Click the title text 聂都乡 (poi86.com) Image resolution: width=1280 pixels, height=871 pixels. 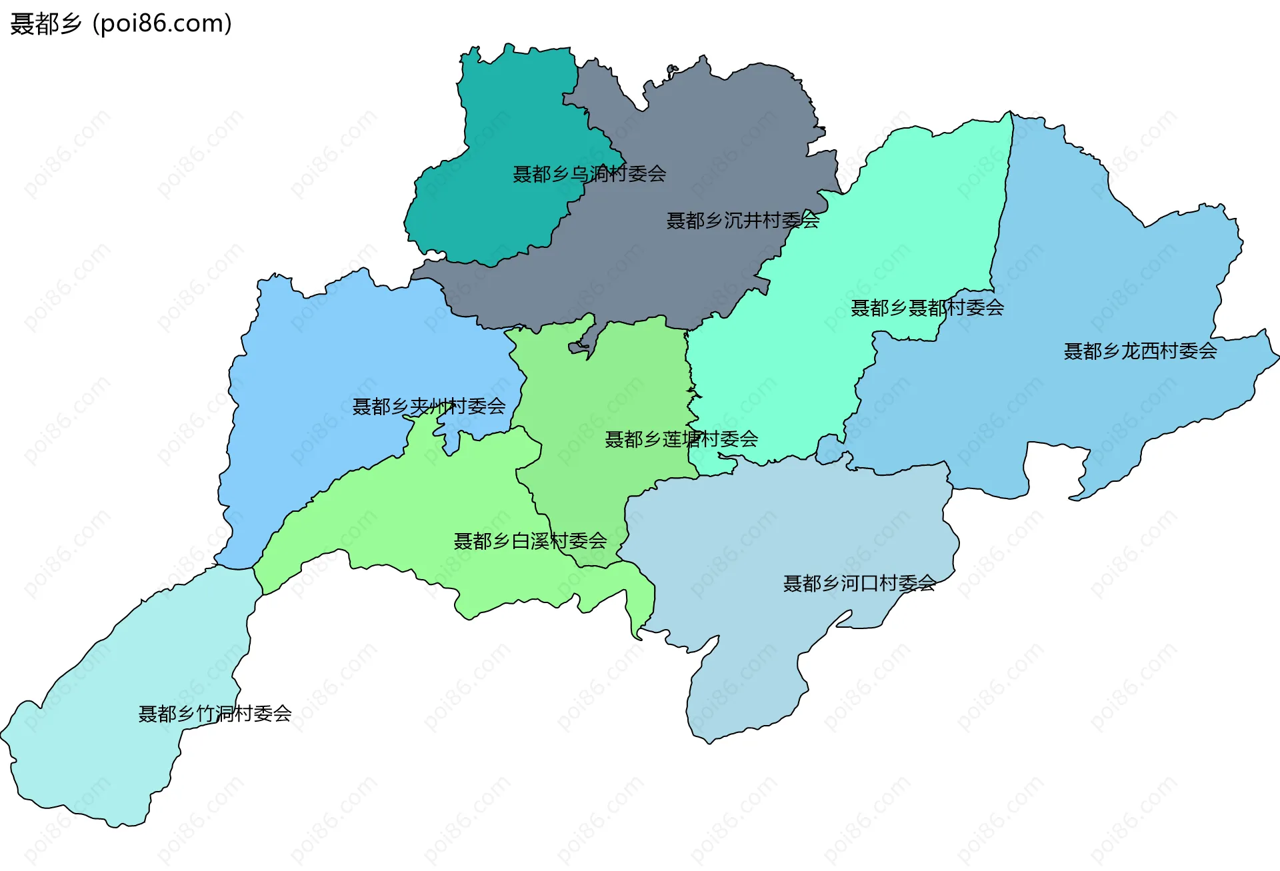[121, 23]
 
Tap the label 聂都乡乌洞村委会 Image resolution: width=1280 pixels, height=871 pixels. [589, 174]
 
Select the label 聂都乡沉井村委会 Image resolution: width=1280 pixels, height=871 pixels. [743, 221]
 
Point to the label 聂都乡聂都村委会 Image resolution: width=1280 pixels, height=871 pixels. [927, 308]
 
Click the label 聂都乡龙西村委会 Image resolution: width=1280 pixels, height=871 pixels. [1140, 351]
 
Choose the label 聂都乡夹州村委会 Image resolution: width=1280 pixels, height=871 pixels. [429, 407]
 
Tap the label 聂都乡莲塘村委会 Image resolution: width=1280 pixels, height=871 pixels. [681, 439]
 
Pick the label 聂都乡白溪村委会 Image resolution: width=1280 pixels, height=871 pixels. [530, 541]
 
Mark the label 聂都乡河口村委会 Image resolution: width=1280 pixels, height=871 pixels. [859, 584]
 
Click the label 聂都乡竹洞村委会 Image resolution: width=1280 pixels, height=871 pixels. [215, 714]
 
